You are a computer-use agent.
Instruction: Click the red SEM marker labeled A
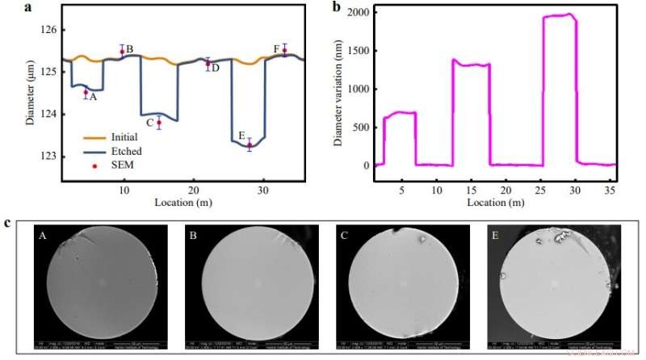point(86,92)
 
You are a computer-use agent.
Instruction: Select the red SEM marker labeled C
point(159,123)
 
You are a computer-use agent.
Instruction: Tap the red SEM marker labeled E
point(250,145)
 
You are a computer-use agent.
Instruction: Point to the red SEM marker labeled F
point(284,50)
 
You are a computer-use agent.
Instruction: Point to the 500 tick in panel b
point(374,128)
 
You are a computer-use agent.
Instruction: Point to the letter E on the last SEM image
point(495,235)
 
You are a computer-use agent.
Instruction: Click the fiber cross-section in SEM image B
point(251,284)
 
